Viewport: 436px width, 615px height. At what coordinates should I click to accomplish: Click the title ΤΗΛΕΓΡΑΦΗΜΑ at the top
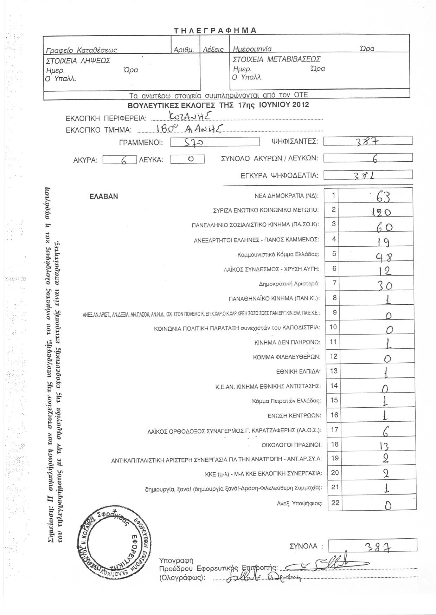tap(215, 30)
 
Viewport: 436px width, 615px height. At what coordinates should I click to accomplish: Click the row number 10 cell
tap(333, 327)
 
